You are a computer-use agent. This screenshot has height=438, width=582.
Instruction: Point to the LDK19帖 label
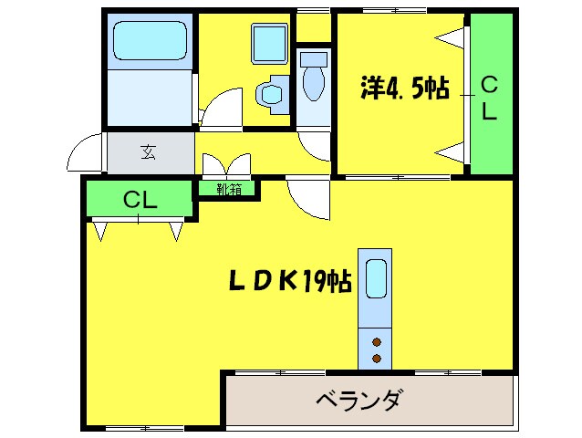(289, 283)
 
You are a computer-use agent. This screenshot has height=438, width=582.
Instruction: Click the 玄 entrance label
(148, 151)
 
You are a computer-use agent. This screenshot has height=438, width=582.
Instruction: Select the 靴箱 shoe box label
(228, 190)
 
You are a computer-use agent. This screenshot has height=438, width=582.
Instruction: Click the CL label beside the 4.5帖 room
(489, 98)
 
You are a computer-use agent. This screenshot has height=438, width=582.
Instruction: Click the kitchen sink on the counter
(375, 279)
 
